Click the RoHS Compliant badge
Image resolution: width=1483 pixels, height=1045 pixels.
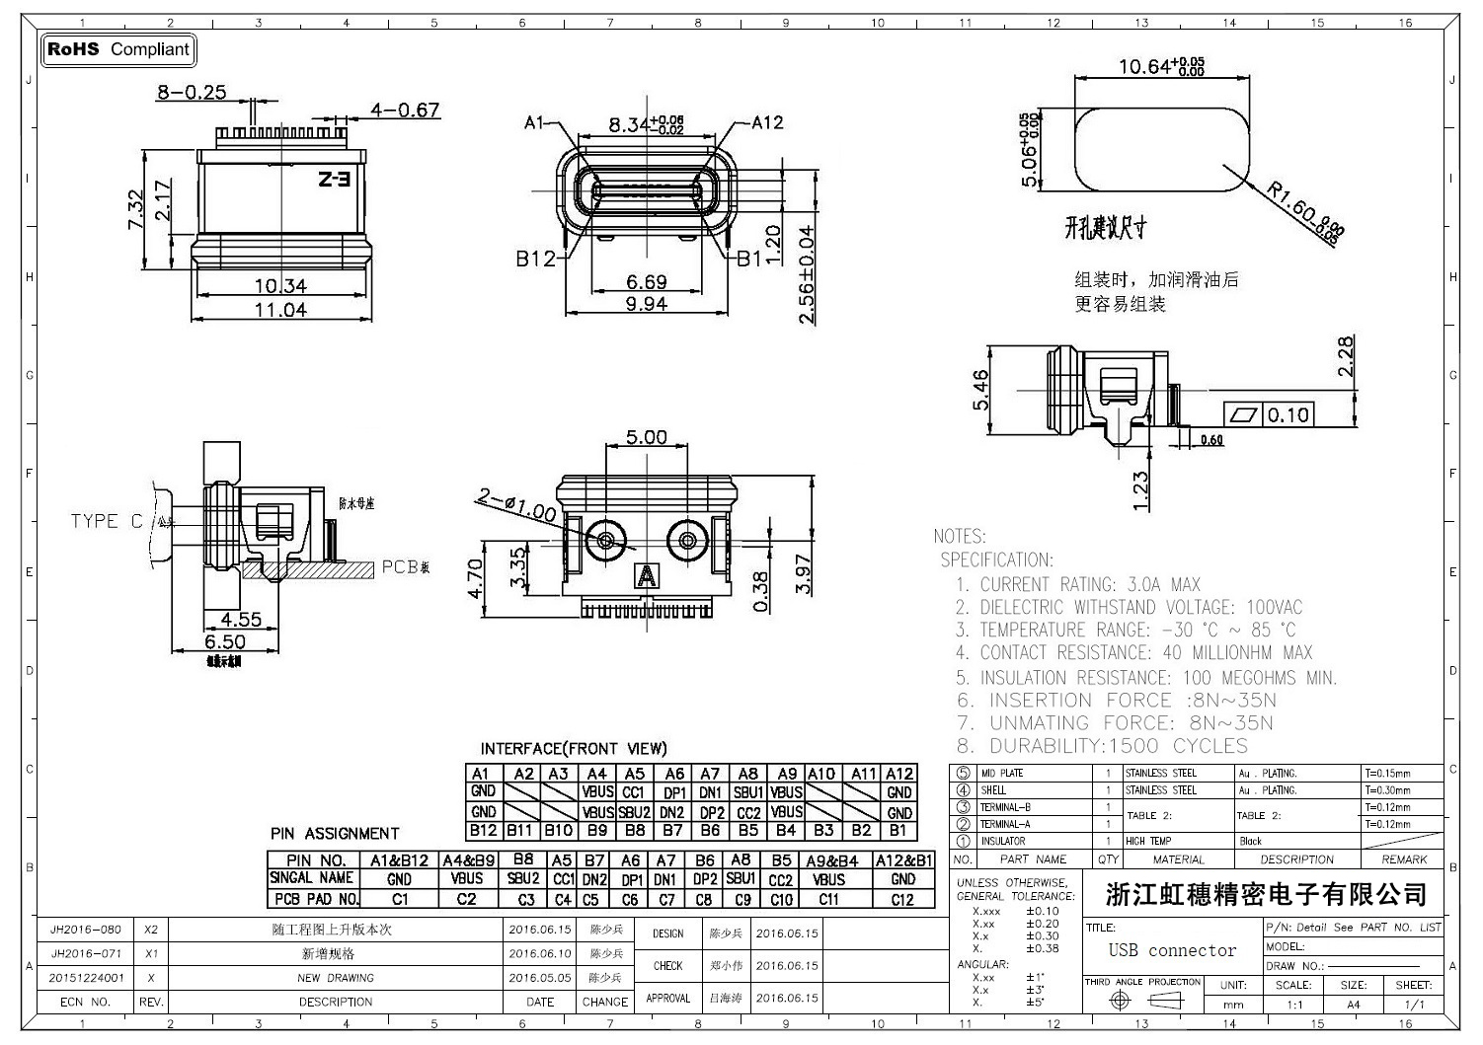(x=118, y=49)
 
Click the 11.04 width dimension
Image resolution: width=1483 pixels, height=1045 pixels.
(x=281, y=310)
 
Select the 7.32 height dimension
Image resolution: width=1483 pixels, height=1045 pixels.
(x=135, y=210)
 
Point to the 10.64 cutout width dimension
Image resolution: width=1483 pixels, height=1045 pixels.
(x=1161, y=67)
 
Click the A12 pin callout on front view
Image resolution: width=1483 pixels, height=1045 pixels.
(x=767, y=122)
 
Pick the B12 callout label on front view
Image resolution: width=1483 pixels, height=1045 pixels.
(x=535, y=259)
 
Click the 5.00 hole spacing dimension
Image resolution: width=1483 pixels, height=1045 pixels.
(x=647, y=437)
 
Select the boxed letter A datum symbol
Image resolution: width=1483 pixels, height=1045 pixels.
(x=647, y=574)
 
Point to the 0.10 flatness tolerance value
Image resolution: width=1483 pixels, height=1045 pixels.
(x=1288, y=414)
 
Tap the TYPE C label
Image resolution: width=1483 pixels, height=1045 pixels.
(x=107, y=521)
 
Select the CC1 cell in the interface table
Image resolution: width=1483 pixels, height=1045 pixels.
(x=634, y=792)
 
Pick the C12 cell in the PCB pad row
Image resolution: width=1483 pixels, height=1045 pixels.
(x=902, y=900)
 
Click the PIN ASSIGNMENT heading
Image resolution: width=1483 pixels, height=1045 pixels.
(x=335, y=834)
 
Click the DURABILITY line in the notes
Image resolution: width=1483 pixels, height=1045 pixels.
(x=1102, y=746)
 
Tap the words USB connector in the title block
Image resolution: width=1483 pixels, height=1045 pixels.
(x=1172, y=950)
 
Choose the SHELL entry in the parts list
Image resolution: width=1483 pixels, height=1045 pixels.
(x=994, y=790)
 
